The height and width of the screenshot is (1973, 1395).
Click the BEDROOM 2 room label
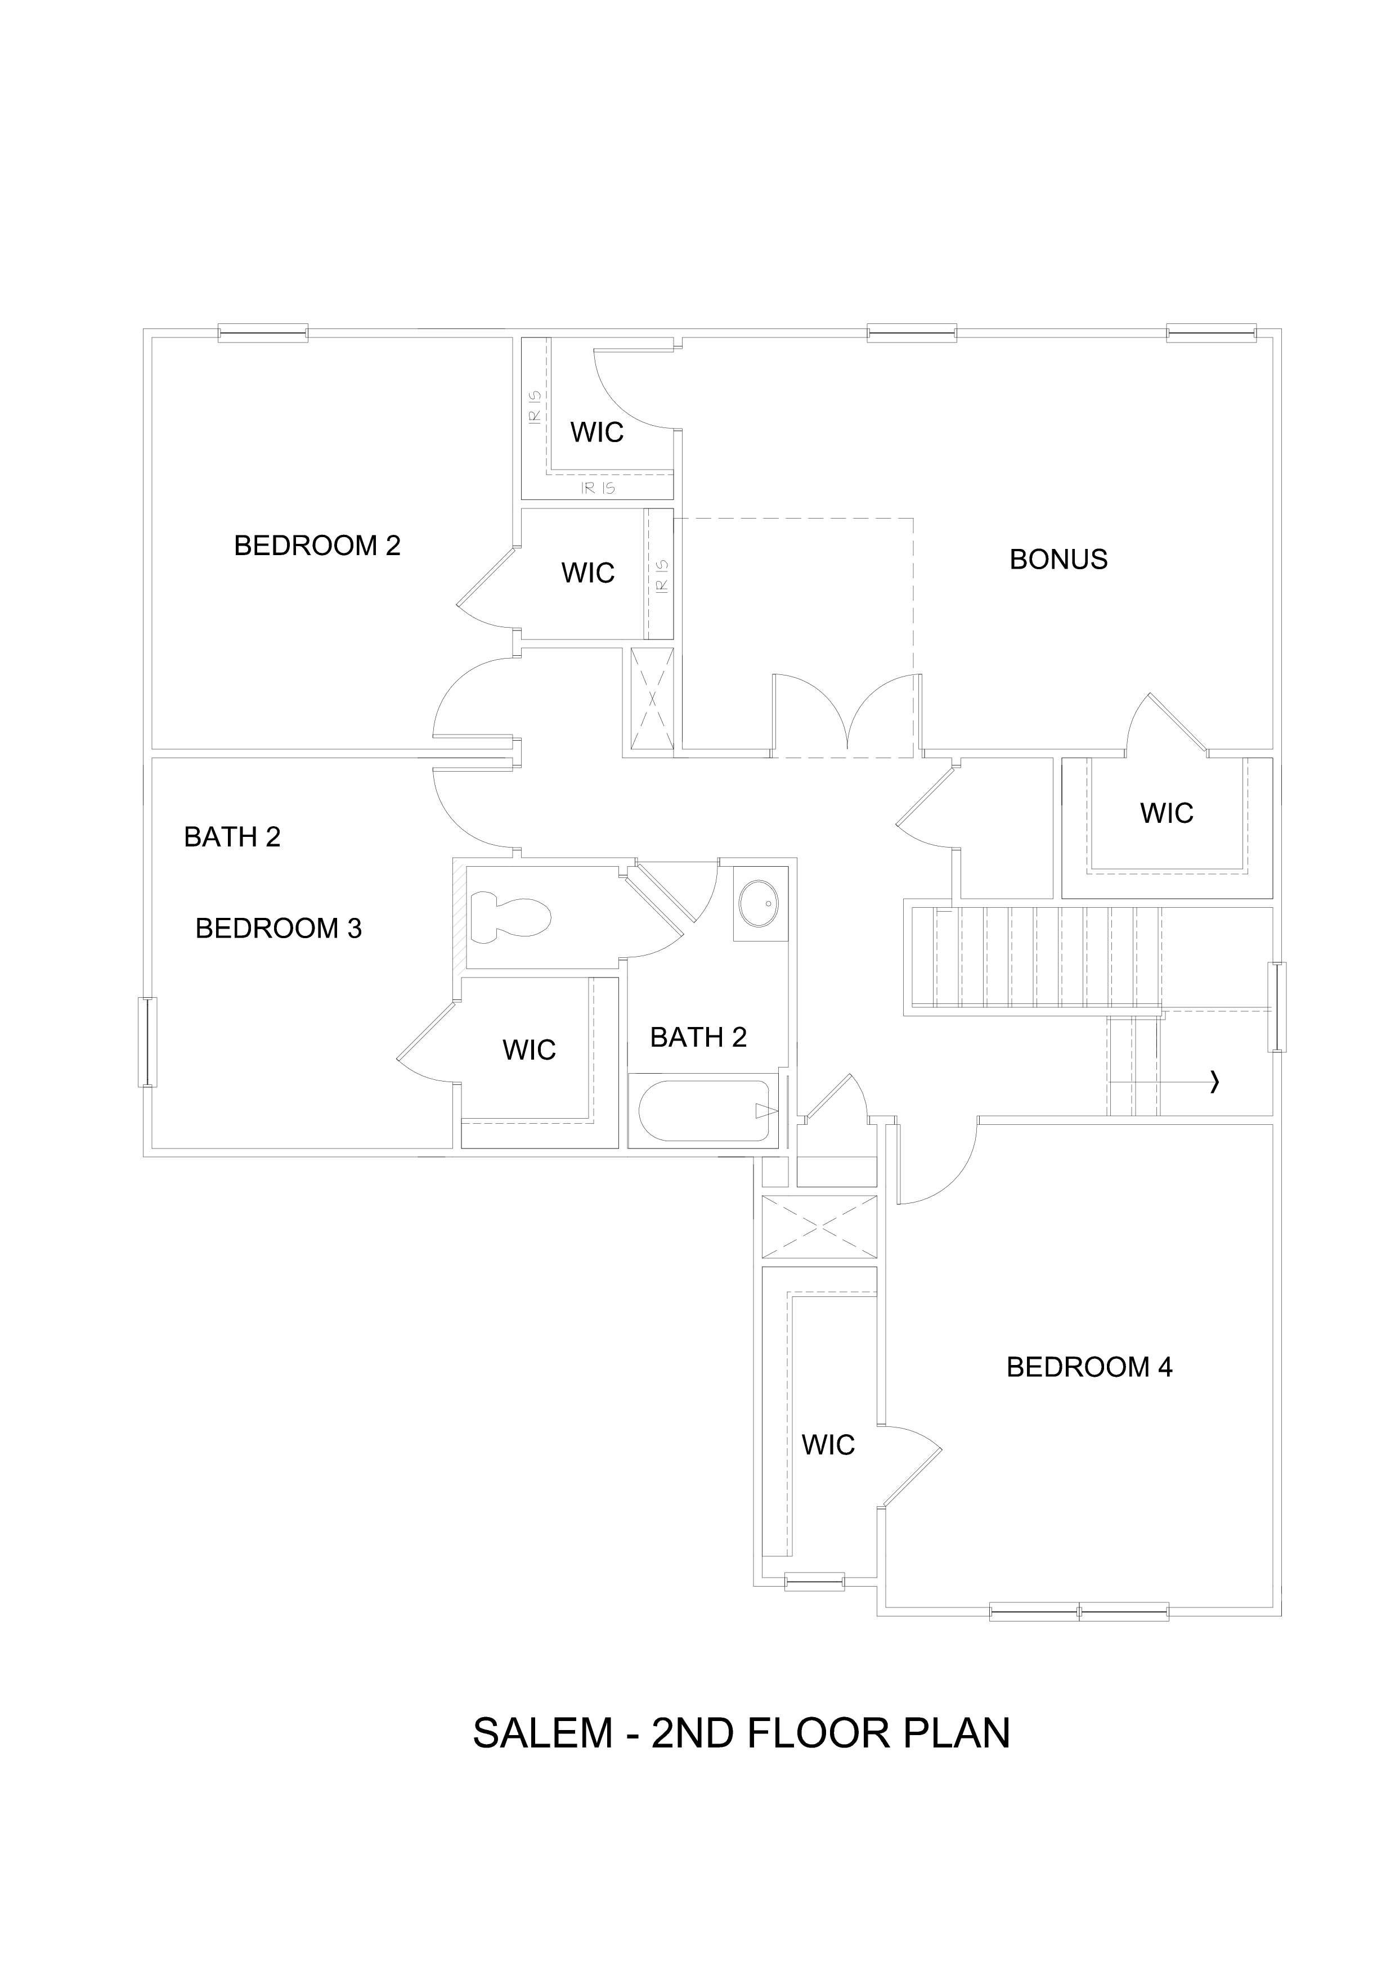[317, 546]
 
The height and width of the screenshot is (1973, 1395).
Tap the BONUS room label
[1058, 560]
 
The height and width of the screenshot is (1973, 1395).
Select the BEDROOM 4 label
[1089, 1367]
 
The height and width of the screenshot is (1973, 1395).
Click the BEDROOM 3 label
[279, 928]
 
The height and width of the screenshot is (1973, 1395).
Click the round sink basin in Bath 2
[760, 903]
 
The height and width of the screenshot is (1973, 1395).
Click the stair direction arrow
[1214, 1083]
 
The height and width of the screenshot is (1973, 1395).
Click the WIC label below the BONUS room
[1167, 813]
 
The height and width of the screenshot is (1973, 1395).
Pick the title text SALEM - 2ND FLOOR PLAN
[741, 1733]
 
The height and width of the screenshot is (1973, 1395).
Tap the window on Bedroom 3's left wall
[148, 1042]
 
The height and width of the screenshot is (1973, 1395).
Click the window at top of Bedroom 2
[262, 332]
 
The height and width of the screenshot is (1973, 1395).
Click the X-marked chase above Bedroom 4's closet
[819, 1227]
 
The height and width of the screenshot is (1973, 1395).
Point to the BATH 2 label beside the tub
[698, 1037]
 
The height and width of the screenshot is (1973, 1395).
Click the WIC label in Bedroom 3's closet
[528, 1050]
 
